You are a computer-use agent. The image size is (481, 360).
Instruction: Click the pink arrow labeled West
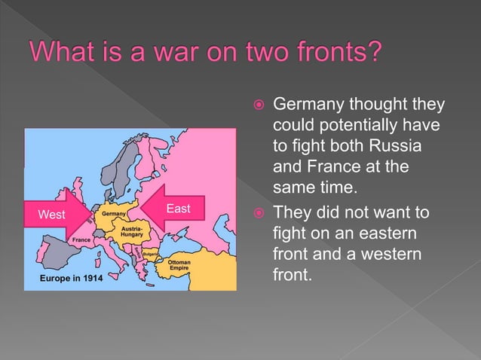click(x=57, y=214)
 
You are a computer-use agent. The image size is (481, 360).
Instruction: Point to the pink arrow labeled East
click(x=173, y=208)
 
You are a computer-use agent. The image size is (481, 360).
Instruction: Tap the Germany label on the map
click(x=114, y=214)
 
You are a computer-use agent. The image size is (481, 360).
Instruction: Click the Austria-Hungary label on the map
click(x=132, y=232)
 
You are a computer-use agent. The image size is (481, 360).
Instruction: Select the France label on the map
click(x=81, y=239)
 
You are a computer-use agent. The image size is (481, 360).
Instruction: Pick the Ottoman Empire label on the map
click(x=179, y=265)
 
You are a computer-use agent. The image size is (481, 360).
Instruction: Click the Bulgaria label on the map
click(x=150, y=254)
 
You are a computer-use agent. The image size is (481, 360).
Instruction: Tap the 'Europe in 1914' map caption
click(x=71, y=278)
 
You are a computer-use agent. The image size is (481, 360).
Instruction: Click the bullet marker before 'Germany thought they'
click(x=259, y=105)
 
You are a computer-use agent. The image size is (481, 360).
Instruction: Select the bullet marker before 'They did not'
click(x=259, y=212)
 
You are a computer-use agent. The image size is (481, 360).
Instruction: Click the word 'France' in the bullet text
click(x=333, y=166)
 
